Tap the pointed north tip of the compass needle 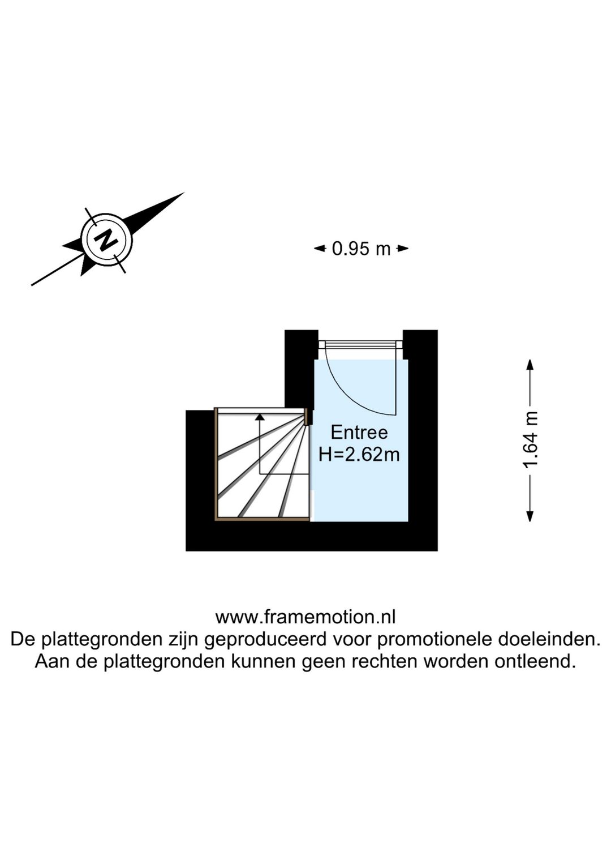[184, 192]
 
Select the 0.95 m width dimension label [361, 249]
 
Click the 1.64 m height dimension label [530, 440]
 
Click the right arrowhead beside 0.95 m [403, 249]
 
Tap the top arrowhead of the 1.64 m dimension [530, 365]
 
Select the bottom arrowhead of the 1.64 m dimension [530, 516]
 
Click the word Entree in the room [359, 433]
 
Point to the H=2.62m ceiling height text [359, 455]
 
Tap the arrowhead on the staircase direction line [260, 417]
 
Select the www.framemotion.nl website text [305, 617]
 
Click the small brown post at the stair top [307, 417]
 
